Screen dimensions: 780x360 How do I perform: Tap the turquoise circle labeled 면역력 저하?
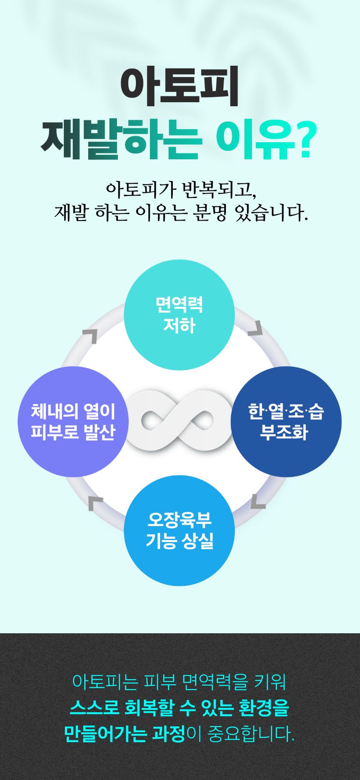[179, 315]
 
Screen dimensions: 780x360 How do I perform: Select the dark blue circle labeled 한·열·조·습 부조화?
[286, 422]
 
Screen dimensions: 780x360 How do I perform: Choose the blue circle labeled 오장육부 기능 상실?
[179, 531]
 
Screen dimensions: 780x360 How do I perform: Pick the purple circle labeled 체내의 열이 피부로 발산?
[73, 422]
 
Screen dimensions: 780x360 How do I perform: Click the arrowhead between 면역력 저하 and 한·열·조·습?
[256, 328]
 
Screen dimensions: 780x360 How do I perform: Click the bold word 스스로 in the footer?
[94, 708]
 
